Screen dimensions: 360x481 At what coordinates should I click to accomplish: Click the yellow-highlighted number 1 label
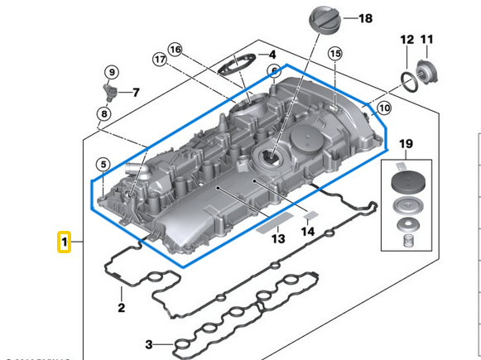[63, 242]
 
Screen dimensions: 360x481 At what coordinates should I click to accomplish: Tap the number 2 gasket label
[121, 308]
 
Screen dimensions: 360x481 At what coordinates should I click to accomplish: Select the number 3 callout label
[149, 344]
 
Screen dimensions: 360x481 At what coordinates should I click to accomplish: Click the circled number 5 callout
[103, 165]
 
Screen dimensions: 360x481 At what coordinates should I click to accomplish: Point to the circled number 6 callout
[271, 72]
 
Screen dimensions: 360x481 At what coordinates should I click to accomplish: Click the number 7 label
[137, 92]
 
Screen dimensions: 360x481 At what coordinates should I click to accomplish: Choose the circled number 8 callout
[103, 113]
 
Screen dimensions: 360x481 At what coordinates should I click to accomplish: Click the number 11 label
[427, 39]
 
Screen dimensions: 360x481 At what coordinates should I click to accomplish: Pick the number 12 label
[406, 39]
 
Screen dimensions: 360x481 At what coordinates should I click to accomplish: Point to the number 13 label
[277, 238]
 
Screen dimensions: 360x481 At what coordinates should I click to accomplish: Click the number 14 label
[308, 233]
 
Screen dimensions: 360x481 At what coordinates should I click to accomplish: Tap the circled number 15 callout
[334, 54]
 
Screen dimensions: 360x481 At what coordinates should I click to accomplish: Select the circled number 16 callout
[175, 50]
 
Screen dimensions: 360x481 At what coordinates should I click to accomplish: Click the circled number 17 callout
[159, 60]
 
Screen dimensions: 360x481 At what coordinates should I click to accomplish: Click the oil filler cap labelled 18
[319, 21]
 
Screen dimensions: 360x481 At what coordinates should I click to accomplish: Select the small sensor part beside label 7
[109, 89]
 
